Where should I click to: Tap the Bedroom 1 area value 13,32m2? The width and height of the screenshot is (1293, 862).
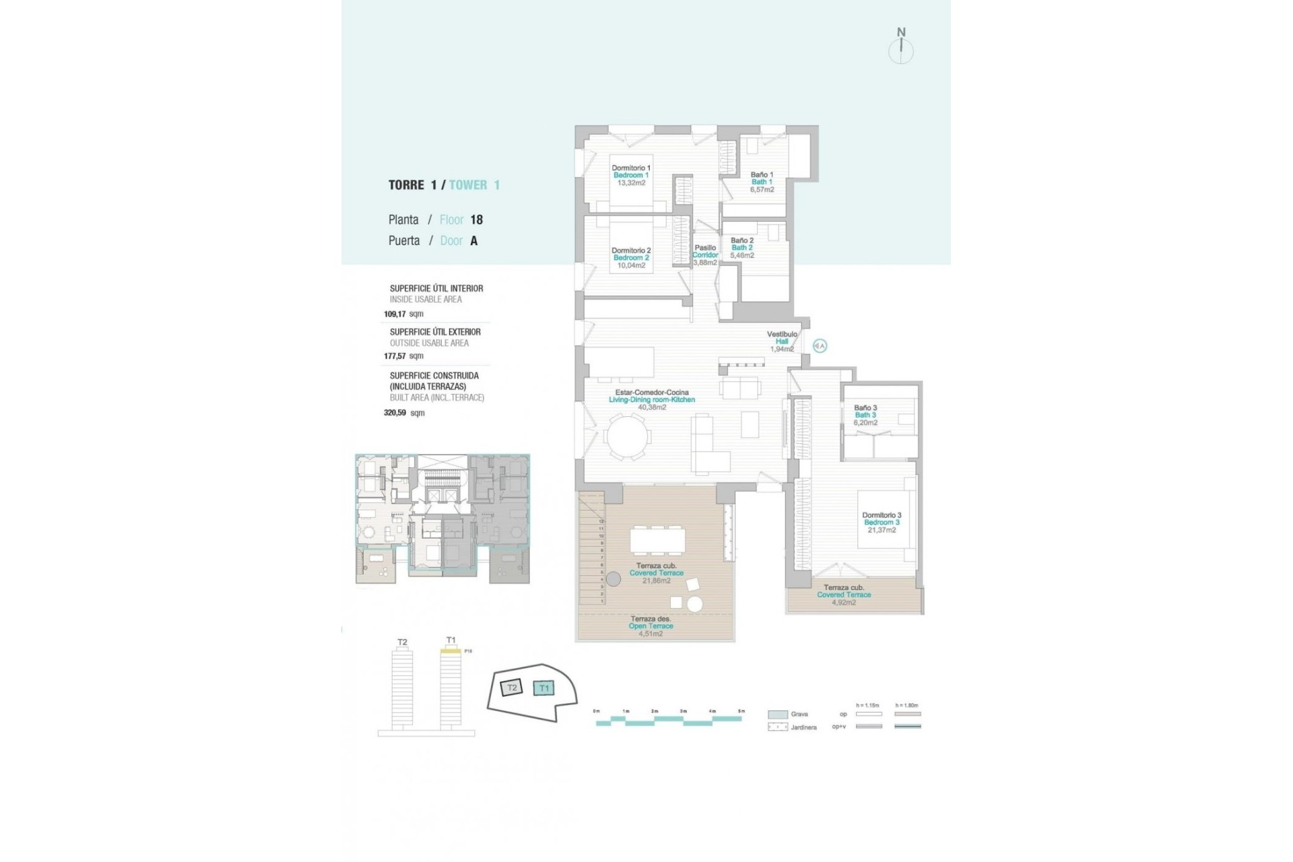[631, 183]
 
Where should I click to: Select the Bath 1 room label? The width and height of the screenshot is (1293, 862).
[762, 182]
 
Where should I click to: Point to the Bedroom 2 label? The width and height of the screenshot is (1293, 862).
[631, 258]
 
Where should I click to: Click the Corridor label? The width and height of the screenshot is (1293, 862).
[705, 255]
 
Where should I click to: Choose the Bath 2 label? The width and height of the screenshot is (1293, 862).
[742, 248]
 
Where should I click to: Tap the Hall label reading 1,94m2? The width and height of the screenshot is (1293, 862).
[782, 349]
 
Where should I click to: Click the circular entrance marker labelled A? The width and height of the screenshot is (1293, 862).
[820, 345]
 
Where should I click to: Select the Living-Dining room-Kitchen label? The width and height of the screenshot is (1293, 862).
[652, 400]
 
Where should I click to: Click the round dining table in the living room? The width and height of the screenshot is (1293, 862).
[628, 437]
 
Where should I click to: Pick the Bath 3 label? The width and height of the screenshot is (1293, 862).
[865, 415]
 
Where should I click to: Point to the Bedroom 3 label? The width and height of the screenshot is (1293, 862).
[882, 523]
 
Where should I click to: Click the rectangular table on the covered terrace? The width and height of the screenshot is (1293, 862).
[657, 540]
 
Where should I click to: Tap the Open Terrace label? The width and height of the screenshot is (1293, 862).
[651, 626]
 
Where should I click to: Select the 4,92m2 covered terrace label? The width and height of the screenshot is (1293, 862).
[844, 603]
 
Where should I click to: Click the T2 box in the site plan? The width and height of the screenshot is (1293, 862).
[512, 688]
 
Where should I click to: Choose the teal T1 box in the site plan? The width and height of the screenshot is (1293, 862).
[543, 688]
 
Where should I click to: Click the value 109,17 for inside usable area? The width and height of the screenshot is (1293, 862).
[395, 314]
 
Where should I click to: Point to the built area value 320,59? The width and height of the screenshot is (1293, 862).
[395, 413]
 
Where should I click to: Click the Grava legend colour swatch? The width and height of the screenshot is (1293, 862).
[778, 715]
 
